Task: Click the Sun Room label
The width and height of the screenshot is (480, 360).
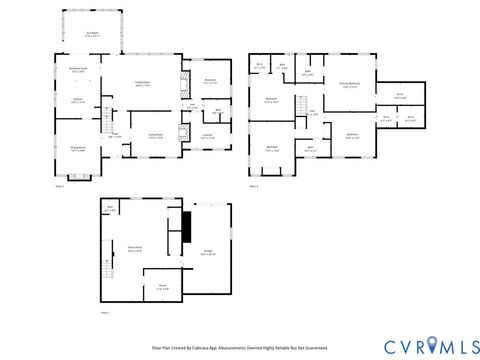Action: [x=92, y=34]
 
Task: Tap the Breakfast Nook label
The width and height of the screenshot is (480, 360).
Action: [x=78, y=69]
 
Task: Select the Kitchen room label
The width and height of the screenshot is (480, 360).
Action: [x=78, y=100]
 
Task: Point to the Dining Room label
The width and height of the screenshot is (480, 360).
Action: [x=78, y=149]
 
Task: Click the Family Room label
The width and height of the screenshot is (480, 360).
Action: [x=142, y=84]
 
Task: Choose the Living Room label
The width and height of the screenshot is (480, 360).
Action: [x=156, y=137]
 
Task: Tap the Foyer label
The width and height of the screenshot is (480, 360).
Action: [x=116, y=136]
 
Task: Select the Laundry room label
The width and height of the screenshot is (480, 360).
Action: [x=208, y=137]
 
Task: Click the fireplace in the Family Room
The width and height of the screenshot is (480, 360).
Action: [x=182, y=82]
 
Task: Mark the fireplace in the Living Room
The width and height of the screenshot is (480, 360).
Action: [x=182, y=133]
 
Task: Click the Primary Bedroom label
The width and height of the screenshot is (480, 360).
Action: [x=349, y=85]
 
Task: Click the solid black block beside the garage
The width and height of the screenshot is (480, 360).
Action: [x=185, y=227]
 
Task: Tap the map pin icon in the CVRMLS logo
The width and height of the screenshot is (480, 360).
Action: [x=433, y=345]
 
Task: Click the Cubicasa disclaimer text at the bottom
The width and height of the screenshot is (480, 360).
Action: [x=240, y=348]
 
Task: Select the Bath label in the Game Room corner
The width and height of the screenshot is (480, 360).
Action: [x=110, y=210]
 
